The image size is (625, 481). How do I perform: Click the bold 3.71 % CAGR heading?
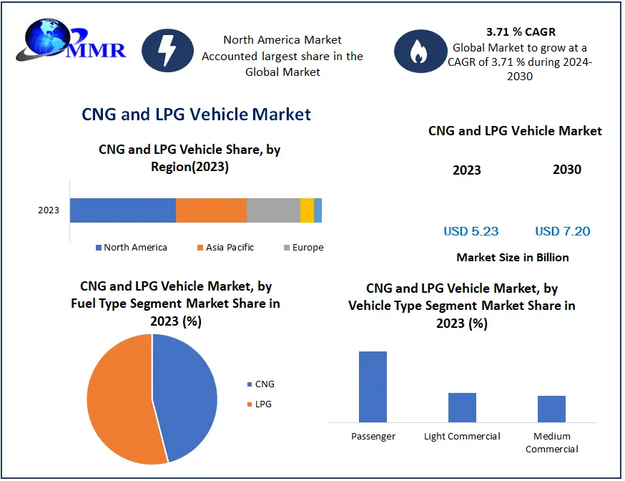pos(521,31)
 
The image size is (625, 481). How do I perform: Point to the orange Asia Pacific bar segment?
pos(211,210)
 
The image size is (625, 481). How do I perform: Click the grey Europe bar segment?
pos(273,210)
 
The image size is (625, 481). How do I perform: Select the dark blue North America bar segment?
pos(122,210)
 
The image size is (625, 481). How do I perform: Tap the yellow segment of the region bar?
pos(307,210)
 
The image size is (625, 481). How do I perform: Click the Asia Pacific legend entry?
pos(225,248)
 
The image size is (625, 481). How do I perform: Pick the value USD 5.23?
pos(471,231)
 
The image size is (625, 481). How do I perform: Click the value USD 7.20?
pos(563,231)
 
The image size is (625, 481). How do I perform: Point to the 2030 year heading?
pos(567,170)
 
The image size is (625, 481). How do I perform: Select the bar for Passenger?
pos(373,387)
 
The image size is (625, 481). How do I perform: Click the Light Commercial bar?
pos(462,407)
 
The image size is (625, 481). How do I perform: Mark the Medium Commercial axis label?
pos(551,442)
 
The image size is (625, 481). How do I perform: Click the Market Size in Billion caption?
pos(513,257)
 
